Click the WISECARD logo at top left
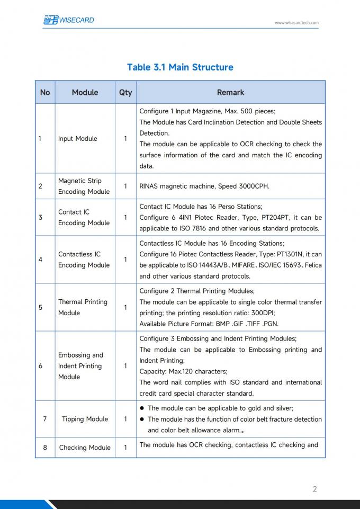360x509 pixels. [69, 20]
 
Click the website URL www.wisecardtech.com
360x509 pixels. [296, 23]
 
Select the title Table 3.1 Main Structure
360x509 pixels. [180, 67]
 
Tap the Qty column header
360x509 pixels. [125, 92]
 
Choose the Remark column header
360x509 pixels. [230, 92]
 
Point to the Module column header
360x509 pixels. [85, 92]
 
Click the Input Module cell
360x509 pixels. [78, 139]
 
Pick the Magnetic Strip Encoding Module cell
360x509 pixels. [84, 186]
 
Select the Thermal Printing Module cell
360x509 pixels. [83, 307]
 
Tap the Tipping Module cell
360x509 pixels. [85, 419]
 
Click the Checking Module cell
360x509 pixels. [85, 448]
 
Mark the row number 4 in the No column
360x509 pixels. [41, 260]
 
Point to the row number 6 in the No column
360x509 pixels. [41, 366]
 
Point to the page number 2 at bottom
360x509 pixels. [314, 489]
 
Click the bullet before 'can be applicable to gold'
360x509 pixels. [142, 408]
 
